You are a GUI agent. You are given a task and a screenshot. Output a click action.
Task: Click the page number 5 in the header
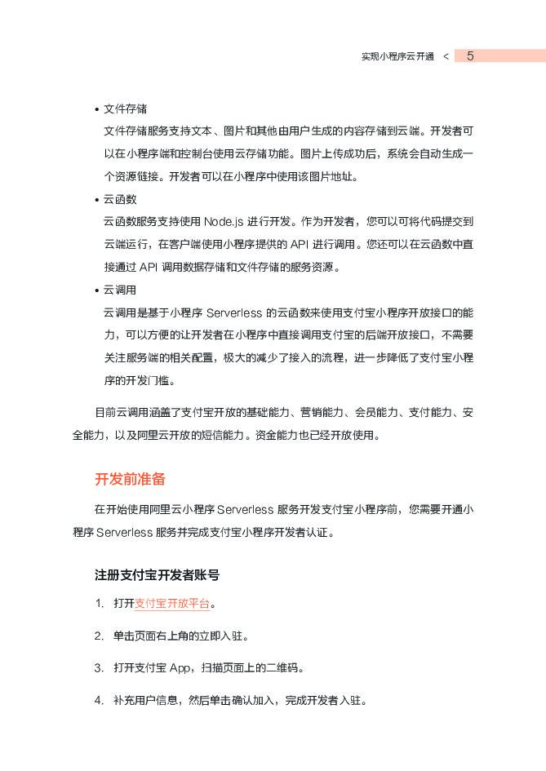[x=470, y=56]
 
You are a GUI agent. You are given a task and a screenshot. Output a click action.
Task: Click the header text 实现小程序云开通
[x=397, y=57]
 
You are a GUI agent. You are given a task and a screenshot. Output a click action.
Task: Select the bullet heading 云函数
[x=120, y=199]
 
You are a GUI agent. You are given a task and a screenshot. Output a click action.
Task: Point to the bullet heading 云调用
[x=120, y=290]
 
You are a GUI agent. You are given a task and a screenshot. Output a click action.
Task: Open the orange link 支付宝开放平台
[x=172, y=604]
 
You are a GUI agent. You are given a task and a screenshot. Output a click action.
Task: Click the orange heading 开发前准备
[x=131, y=479]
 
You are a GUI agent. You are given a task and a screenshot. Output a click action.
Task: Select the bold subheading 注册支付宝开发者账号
[x=157, y=575]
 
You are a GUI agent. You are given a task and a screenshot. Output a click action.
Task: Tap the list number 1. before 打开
[x=99, y=604]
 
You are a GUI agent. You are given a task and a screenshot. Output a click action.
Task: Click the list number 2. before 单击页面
[x=99, y=636]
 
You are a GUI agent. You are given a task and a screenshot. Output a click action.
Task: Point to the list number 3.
[x=99, y=668]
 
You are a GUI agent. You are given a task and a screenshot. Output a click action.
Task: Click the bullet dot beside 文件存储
[x=96, y=110]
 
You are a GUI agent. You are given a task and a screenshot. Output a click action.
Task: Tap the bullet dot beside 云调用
[x=96, y=290]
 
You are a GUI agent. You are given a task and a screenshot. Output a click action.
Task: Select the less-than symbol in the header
[x=445, y=57]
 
